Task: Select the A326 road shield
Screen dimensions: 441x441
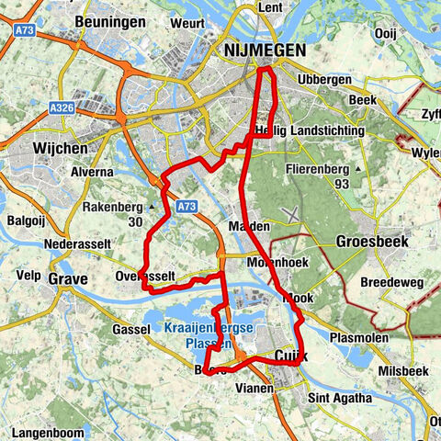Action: [x=62, y=107]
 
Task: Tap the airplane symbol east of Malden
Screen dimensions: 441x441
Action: [x=291, y=214]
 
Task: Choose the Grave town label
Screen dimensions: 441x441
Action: [x=68, y=278]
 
